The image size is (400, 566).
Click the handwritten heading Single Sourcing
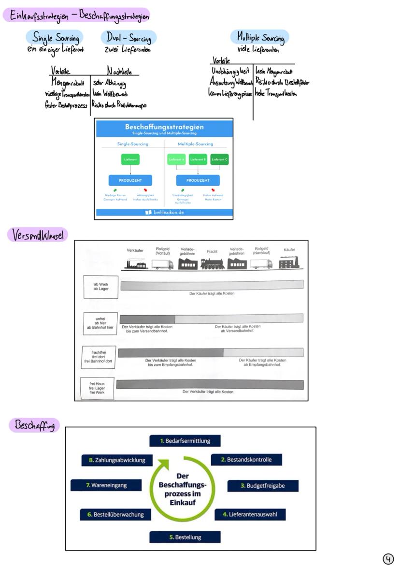(x=54, y=37)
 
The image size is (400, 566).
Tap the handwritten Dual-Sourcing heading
(x=129, y=38)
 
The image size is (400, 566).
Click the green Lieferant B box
(x=198, y=159)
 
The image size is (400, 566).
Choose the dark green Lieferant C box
(x=219, y=159)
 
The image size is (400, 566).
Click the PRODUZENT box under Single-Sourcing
(x=130, y=180)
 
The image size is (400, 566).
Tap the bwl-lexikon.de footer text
(x=164, y=212)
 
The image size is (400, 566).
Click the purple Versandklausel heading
(x=37, y=235)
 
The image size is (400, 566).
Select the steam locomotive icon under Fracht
(x=212, y=263)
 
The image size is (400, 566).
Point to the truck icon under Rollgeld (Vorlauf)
(x=162, y=264)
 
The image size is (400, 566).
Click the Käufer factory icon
(x=289, y=262)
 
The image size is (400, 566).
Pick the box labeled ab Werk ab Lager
(x=100, y=287)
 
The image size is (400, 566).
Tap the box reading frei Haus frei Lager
(x=98, y=389)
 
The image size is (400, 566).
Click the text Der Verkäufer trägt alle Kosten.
(x=208, y=392)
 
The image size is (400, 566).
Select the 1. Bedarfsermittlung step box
(x=185, y=441)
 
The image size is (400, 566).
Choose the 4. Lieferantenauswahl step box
(x=250, y=514)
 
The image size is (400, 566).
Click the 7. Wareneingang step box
(x=106, y=485)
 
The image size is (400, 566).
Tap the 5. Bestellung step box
(x=185, y=537)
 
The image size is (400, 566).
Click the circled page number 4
(x=388, y=559)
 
